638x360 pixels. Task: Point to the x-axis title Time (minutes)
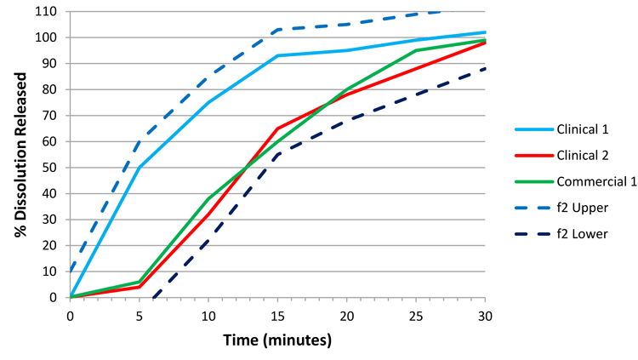point(276,340)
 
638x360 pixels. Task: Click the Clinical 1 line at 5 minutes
point(139,168)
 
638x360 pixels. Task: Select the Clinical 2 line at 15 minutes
point(277,129)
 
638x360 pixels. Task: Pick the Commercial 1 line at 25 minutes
point(416,50)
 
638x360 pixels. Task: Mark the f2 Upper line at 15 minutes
point(277,30)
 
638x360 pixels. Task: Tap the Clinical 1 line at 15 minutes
point(277,55)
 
